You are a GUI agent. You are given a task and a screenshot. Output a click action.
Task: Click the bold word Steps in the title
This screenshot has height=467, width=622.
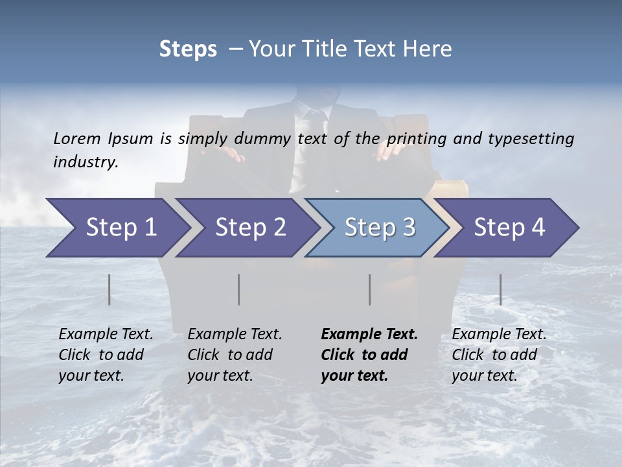188,49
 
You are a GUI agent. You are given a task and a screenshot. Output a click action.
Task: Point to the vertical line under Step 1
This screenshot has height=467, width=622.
109,289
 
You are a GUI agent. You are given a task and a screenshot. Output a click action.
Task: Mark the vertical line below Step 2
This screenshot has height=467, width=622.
239,289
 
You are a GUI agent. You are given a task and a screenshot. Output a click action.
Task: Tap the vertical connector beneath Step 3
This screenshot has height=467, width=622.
370,289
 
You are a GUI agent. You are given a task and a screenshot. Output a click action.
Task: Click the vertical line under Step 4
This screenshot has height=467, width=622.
500,289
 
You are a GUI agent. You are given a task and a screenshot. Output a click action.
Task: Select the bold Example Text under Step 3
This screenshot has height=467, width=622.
369,355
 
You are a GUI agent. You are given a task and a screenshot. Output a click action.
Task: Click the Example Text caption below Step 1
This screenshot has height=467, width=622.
106,355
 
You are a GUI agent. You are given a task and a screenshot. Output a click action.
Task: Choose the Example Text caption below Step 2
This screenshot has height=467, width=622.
235,355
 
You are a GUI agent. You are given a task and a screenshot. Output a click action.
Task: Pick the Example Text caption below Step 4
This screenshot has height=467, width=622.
499,355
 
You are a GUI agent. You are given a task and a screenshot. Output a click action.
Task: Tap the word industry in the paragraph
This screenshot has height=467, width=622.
85,162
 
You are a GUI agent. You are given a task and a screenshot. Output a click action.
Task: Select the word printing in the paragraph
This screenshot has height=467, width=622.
419,139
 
